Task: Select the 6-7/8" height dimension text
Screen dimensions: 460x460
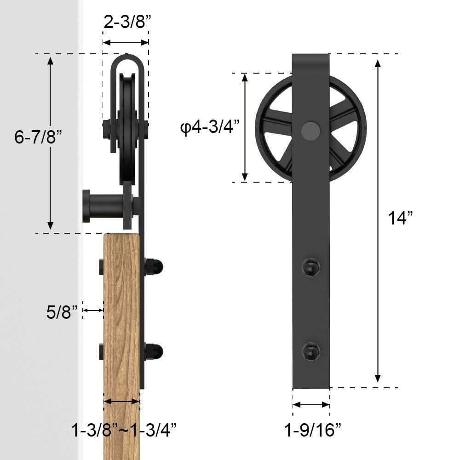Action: [x=38, y=137]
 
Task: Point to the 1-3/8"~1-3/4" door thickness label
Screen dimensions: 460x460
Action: [x=124, y=431]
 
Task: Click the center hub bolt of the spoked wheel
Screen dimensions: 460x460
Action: [x=310, y=130]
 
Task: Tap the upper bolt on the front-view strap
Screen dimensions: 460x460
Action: [x=310, y=267]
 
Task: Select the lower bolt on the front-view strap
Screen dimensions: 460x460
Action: [x=310, y=352]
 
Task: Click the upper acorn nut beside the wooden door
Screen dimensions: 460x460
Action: [x=155, y=266]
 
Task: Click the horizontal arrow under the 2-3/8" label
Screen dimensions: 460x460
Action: [x=125, y=42]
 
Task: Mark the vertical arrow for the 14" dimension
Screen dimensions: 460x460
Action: [x=378, y=221]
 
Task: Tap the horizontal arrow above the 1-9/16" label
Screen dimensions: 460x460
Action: [x=311, y=405]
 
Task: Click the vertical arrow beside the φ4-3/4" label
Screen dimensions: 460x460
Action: [x=245, y=127]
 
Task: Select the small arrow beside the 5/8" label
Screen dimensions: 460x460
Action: [x=93, y=311]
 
